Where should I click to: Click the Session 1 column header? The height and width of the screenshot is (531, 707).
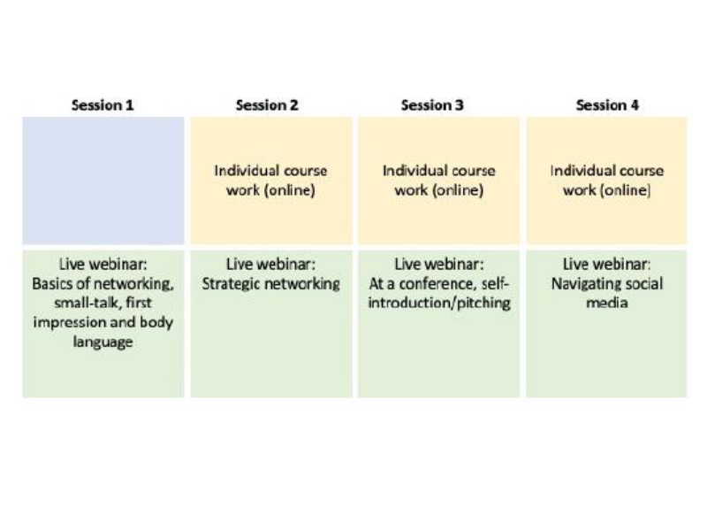[x=103, y=105]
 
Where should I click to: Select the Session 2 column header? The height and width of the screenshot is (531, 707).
[x=267, y=105]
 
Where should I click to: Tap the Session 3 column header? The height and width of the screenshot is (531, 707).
[x=432, y=105]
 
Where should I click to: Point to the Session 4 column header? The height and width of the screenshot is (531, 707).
[x=607, y=105]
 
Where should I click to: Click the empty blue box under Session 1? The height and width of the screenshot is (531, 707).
[x=103, y=181]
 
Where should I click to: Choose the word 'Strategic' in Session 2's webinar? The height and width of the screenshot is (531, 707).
[x=231, y=284]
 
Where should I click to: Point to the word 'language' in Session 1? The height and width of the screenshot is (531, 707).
[x=103, y=342]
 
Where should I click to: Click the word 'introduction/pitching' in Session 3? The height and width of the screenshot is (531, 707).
[x=439, y=303]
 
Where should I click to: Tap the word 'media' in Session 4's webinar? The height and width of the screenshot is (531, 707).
[x=607, y=303]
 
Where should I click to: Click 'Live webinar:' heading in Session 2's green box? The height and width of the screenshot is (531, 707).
[x=270, y=264]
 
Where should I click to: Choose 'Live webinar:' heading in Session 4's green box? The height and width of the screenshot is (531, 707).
[x=607, y=264]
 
